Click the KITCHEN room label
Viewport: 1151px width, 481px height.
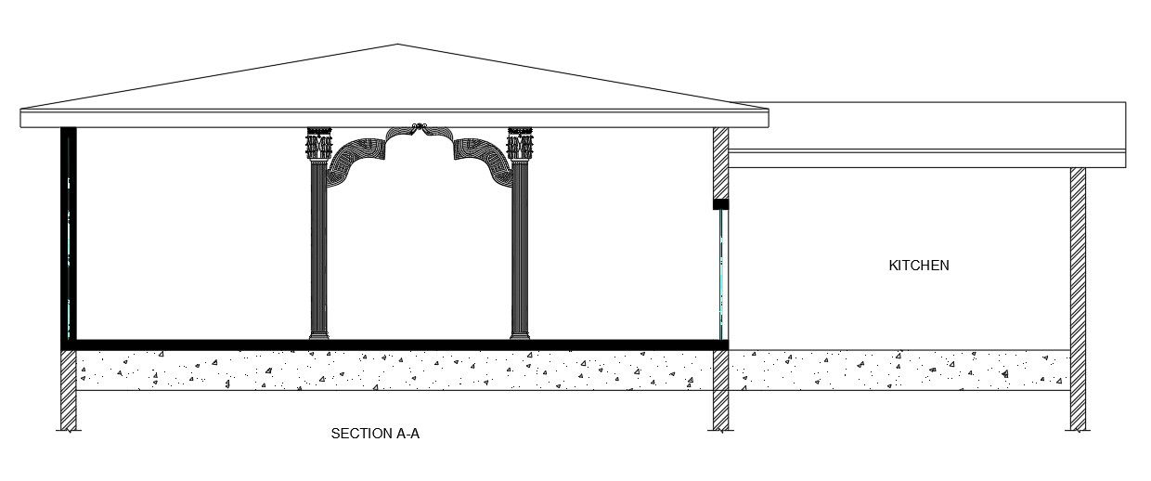(919, 266)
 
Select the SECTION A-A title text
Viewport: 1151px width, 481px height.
(375, 434)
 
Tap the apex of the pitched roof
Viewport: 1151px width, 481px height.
(398, 45)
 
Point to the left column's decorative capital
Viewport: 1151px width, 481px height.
(318, 145)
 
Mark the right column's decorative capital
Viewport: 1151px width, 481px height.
(520, 145)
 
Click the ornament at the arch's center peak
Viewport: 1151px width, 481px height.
(420, 127)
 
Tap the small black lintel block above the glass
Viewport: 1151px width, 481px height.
(720, 203)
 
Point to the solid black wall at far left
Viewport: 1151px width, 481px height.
(68, 232)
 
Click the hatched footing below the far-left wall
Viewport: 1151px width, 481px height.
(68, 390)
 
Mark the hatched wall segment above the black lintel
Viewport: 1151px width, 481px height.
(720, 162)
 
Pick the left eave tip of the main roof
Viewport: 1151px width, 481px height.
(22, 118)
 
